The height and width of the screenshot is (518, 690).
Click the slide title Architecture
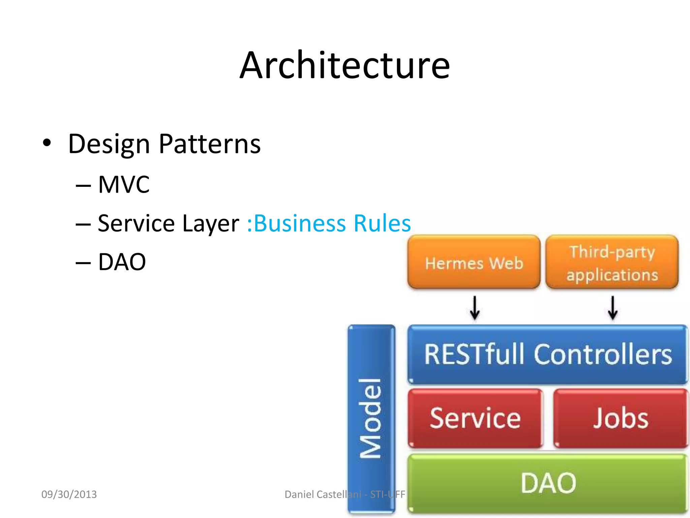344,66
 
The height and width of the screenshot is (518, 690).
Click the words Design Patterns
164,144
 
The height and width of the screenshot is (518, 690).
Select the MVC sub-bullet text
124,185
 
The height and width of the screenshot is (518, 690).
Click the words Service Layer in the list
168,224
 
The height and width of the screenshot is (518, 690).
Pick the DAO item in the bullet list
122,262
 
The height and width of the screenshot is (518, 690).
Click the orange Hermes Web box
473,262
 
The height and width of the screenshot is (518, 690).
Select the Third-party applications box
612,262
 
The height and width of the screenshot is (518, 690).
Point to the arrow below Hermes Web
475,308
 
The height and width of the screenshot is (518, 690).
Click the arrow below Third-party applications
613,308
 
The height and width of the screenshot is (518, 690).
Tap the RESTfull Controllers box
547,354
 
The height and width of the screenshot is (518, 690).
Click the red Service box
475,418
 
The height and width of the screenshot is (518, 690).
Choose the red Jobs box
620,418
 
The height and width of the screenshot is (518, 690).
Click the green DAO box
547,483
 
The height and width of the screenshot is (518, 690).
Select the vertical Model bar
371,418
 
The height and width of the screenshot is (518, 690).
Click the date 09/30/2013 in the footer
69,494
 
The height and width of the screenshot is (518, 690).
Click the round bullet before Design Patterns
47,143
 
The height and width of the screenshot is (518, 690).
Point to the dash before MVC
83,185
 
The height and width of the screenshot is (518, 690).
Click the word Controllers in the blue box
603,354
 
